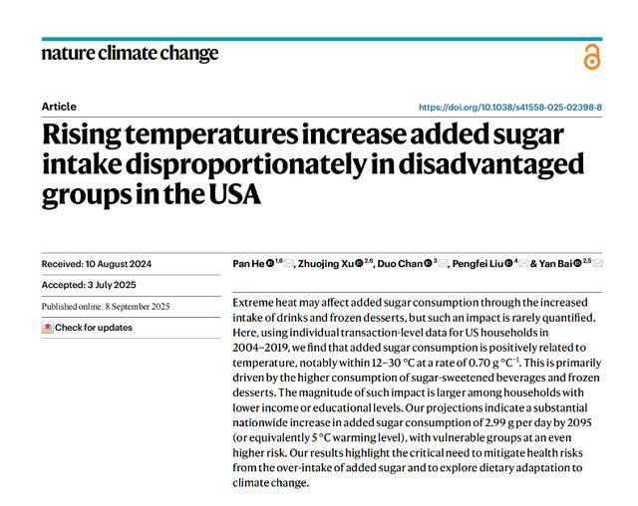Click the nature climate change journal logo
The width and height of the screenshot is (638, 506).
[x=130, y=53]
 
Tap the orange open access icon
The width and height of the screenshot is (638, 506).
[x=592, y=56]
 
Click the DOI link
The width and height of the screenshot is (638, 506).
[x=509, y=107]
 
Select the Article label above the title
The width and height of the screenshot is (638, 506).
[x=59, y=107]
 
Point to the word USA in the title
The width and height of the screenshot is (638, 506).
[x=232, y=194]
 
